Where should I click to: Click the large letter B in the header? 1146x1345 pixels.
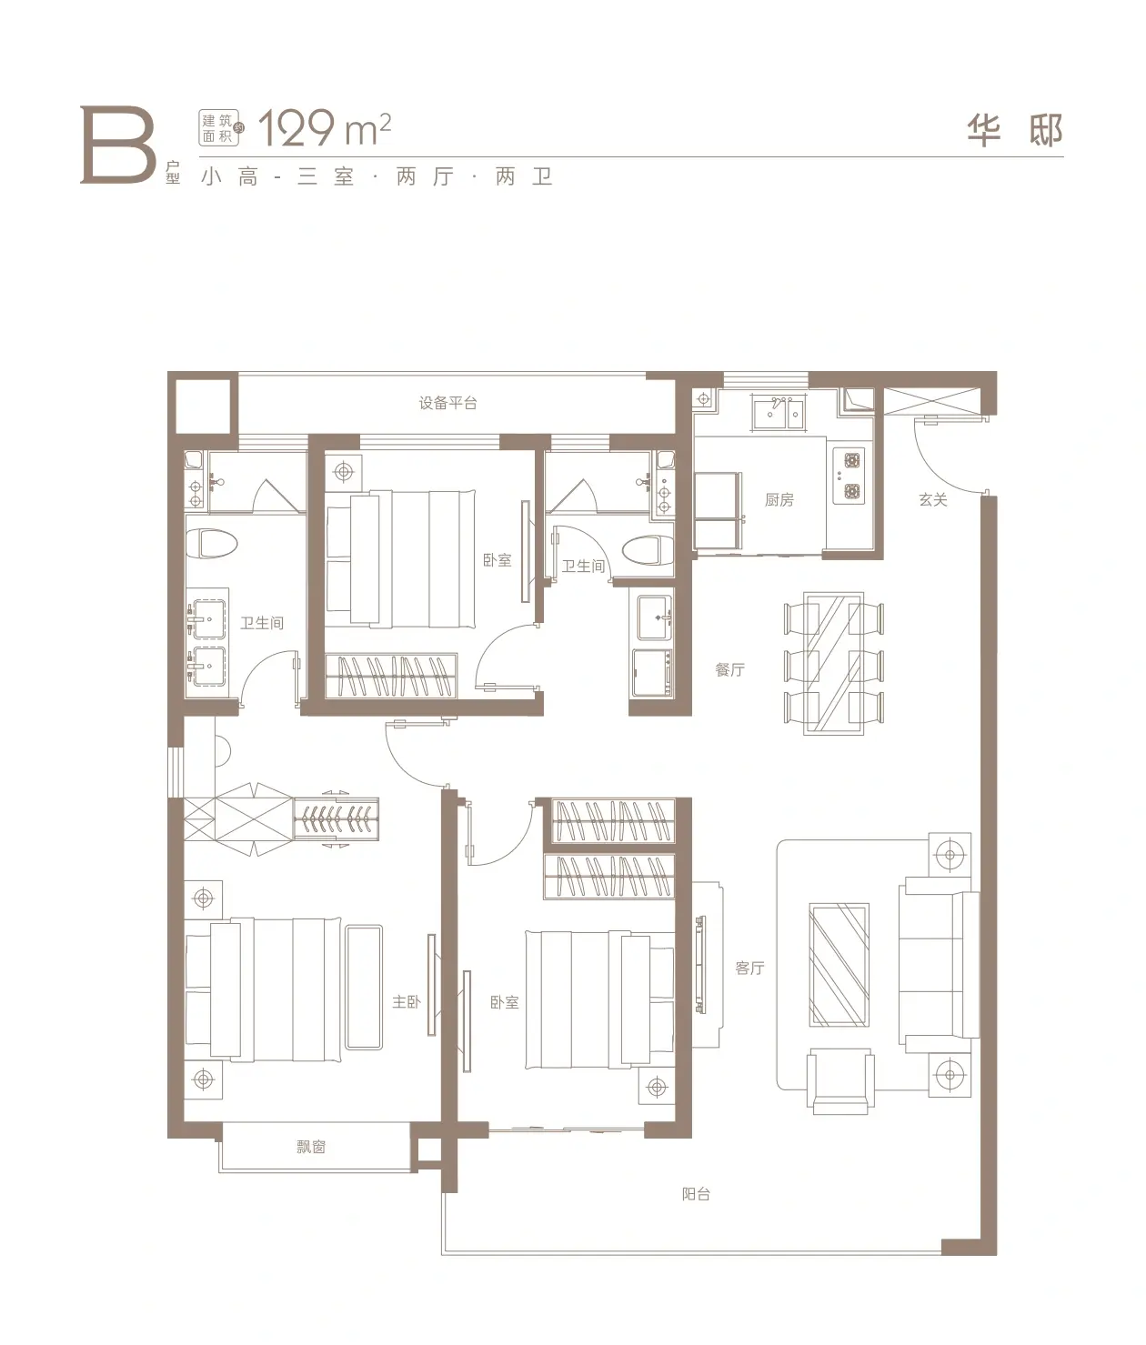pos(117,146)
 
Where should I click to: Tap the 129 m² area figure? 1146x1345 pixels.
pos(324,129)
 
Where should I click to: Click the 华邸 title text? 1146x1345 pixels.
pos(1014,130)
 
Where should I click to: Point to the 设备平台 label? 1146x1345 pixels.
pos(447,404)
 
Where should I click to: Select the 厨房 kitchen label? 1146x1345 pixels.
pos(779,500)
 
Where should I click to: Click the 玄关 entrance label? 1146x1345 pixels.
pos(932,500)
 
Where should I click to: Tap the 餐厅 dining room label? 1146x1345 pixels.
pos(729,669)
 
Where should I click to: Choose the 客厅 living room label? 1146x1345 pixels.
pos(749,968)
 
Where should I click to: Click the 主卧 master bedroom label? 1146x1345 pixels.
pos(406,1001)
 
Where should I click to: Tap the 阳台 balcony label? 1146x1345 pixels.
pos(696,1193)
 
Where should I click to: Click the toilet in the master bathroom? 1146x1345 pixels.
pos(212,543)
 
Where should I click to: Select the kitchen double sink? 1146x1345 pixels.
pos(779,412)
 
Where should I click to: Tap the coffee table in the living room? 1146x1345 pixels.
pos(839,965)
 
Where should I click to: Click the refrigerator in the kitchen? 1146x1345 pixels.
pos(718,511)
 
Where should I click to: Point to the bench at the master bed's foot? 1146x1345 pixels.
pos(364,987)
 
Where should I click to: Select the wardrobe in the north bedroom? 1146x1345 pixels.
pos(391,676)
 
